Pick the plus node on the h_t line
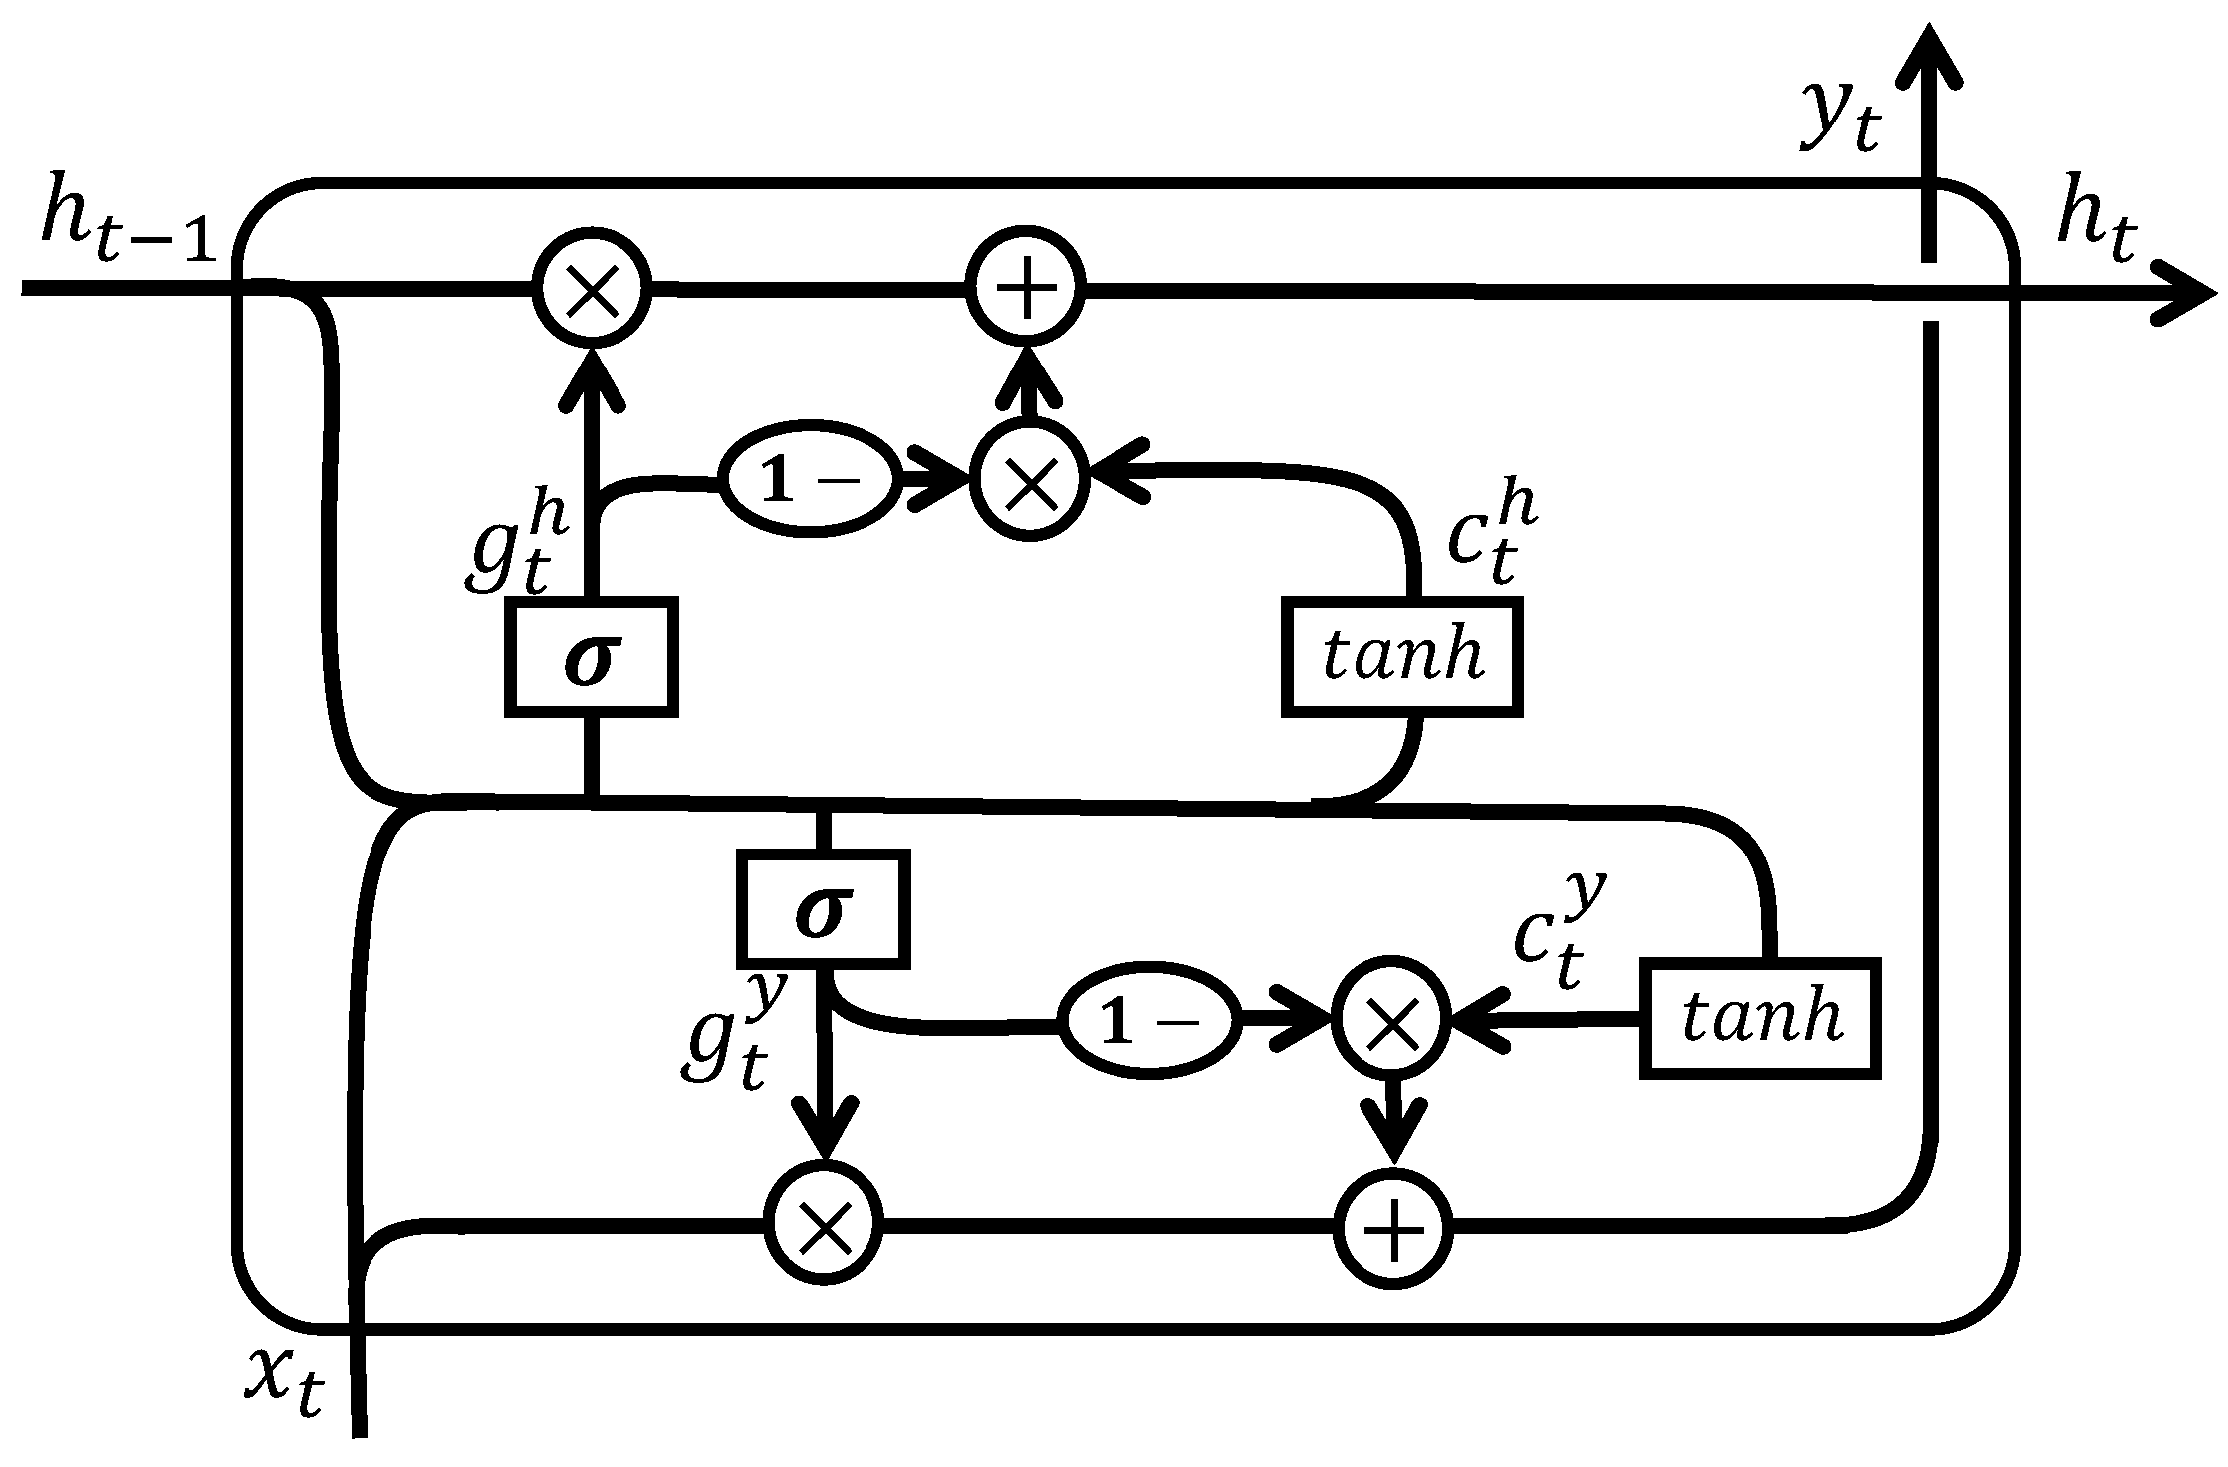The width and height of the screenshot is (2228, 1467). coord(1028,290)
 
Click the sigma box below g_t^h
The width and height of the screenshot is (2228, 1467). coord(592,657)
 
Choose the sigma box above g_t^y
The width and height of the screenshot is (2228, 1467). coord(823,908)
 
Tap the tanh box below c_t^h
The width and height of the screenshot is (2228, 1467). coord(1402,657)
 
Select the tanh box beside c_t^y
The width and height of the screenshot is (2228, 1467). coord(1761,1019)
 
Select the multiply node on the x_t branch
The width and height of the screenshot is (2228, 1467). coord(823,1226)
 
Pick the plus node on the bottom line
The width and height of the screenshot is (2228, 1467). coord(1392,1229)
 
